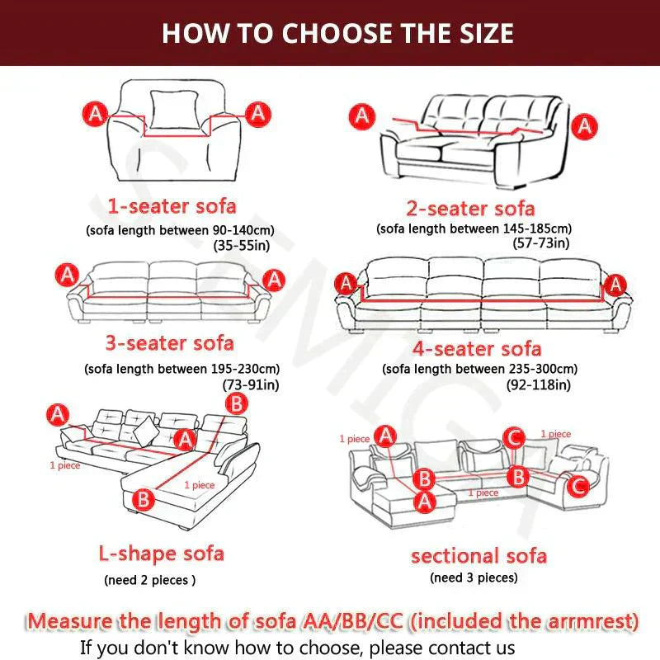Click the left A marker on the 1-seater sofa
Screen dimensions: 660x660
click(x=96, y=114)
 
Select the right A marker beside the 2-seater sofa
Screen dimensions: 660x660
click(x=584, y=126)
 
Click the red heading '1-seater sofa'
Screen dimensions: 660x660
click(x=172, y=206)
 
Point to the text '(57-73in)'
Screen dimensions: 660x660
click(x=541, y=243)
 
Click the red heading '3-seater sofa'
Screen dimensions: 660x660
click(x=170, y=343)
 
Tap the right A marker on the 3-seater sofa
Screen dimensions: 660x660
click(x=274, y=280)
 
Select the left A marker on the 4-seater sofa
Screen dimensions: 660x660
click(x=346, y=283)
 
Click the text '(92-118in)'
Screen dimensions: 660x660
click(x=539, y=384)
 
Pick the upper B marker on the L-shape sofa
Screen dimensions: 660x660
click(x=237, y=403)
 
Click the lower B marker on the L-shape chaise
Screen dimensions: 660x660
click(x=144, y=499)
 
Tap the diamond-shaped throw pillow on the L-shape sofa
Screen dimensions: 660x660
click(x=146, y=431)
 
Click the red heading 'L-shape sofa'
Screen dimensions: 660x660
click(x=161, y=553)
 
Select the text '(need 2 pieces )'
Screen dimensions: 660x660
click(x=150, y=580)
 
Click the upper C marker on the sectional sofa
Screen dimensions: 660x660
click(x=514, y=438)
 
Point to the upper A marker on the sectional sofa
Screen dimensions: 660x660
click(x=386, y=436)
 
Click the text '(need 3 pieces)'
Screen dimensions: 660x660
click(x=474, y=577)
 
